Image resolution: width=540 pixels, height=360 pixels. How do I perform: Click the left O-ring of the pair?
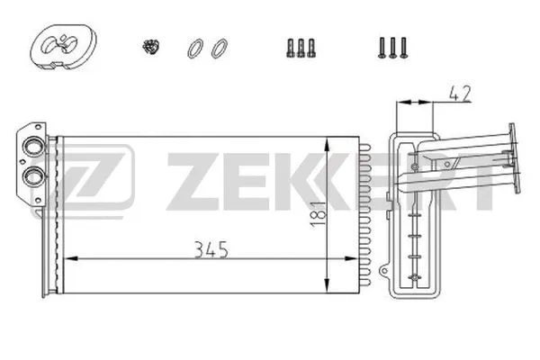pyautogui.click(x=194, y=48)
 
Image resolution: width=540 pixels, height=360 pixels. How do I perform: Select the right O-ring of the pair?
pyautogui.click(x=218, y=48)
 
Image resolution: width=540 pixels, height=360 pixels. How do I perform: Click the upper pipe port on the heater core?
pyautogui.click(x=33, y=148)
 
